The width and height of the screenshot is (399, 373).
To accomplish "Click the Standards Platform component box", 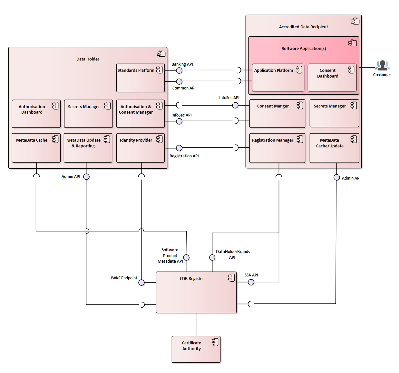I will tap(140, 78).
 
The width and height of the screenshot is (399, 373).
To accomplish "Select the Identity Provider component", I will tap(140, 148).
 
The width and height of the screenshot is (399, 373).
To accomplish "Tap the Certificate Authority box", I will tap(196, 349).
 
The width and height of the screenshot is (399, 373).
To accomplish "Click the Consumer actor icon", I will tap(382, 66).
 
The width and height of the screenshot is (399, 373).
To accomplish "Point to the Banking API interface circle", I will tap(179, 70).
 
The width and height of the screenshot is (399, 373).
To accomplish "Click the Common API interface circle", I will tap(179, 81).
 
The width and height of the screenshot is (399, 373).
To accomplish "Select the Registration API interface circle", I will tap(179, 148).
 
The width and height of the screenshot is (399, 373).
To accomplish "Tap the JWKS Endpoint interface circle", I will tap(141, 283).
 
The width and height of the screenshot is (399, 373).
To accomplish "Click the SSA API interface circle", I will tap(251, 282).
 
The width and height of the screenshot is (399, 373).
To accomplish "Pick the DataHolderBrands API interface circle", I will tap(212, 257).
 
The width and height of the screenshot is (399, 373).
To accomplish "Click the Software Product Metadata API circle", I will tap(186, 257).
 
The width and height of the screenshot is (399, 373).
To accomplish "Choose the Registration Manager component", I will tap(277, 148).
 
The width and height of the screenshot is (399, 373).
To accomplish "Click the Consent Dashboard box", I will tap(332, 78).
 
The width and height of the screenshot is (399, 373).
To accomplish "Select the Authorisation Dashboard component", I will tap(36, 114).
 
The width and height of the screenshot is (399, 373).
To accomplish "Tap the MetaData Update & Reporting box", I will tap(88, 148).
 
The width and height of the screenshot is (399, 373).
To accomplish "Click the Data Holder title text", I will tap(88, 59).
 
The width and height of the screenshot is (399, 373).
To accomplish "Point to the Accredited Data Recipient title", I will tap(303, 27).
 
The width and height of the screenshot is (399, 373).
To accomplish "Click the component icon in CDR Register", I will tap(231, 278).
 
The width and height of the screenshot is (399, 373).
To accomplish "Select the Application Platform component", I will tap(278, 78).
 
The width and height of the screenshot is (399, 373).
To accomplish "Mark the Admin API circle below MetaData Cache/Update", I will tap(336, 177).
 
